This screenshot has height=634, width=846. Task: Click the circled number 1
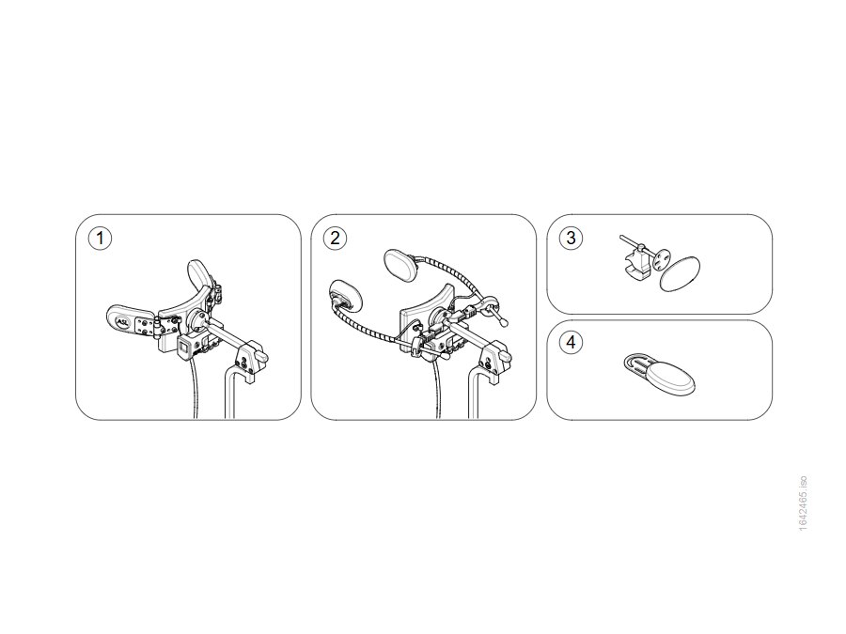point(100,238)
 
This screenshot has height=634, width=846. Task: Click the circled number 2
point(335,238)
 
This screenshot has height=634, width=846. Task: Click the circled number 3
point(571,238)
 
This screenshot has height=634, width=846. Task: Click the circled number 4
point(571,342)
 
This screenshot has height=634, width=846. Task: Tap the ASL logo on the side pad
point(123,321)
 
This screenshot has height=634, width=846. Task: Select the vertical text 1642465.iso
point(803,503)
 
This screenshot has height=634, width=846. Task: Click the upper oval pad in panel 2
point(400,264)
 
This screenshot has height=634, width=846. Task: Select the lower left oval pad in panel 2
point(345,296)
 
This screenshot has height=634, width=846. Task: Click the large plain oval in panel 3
point(680,273)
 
